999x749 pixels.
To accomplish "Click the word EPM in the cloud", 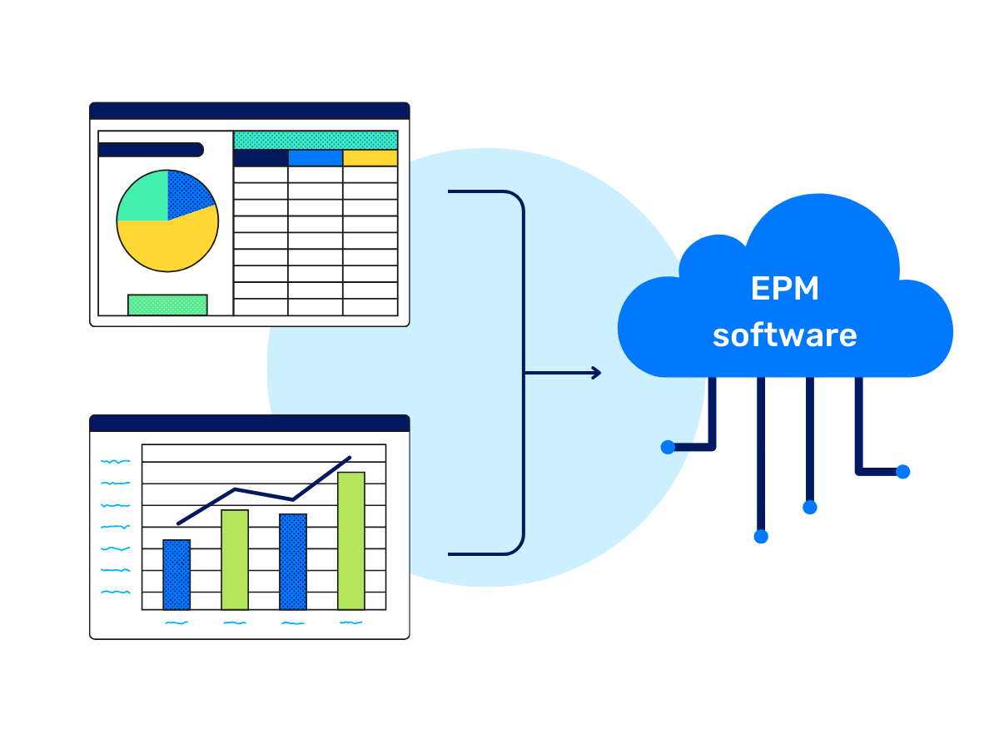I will (x=784, y=289).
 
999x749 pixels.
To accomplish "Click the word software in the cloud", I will (x=784, y=335).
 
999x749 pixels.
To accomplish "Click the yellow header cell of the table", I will (x=370, y=158).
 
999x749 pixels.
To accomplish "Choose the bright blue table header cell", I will (x=316, y=158).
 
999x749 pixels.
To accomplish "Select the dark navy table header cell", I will (x=261, y=158).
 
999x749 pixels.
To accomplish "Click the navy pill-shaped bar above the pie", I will (x=151, y=150).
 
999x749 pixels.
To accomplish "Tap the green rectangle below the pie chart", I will (x=167, y=305).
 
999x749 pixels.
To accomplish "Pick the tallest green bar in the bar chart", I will (x=351, y=540).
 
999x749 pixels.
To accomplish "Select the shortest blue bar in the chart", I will (x=176, y=574).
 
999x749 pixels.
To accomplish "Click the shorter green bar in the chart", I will (x=235, y=559).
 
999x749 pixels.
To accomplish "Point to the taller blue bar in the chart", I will (x=293, y=561).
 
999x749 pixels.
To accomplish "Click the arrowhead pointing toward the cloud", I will (x=596, y=373).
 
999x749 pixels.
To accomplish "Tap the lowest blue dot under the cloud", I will (x=761, y=537).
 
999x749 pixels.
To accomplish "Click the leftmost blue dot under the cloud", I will (x=668, y=447).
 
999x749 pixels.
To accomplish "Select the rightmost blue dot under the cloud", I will (x=903, y=472).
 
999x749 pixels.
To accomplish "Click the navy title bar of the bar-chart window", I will (x=250, y=424).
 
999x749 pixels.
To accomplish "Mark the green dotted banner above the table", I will (x=316, y=140).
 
